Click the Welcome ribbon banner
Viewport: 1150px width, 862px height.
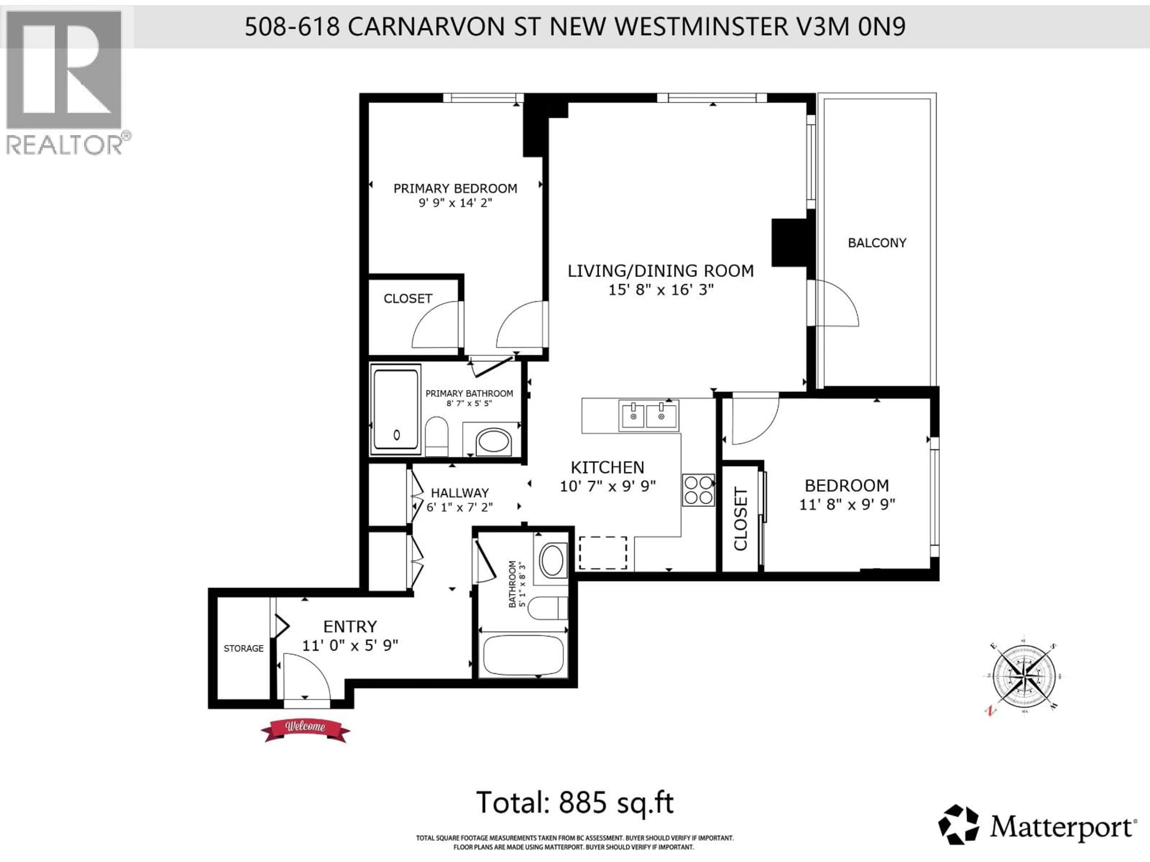click(x=305, y=729)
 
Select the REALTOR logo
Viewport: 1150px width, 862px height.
click(x=65, y=83)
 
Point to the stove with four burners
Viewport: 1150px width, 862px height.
click(x=698, y=490)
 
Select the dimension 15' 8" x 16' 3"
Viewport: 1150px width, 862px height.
click(x=661, y=289)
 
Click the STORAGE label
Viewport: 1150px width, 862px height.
click(x=243, y=649)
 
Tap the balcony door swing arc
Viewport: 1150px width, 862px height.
click(x=836, y=304)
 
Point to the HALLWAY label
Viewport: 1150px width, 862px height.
click(x=460, y=493)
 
